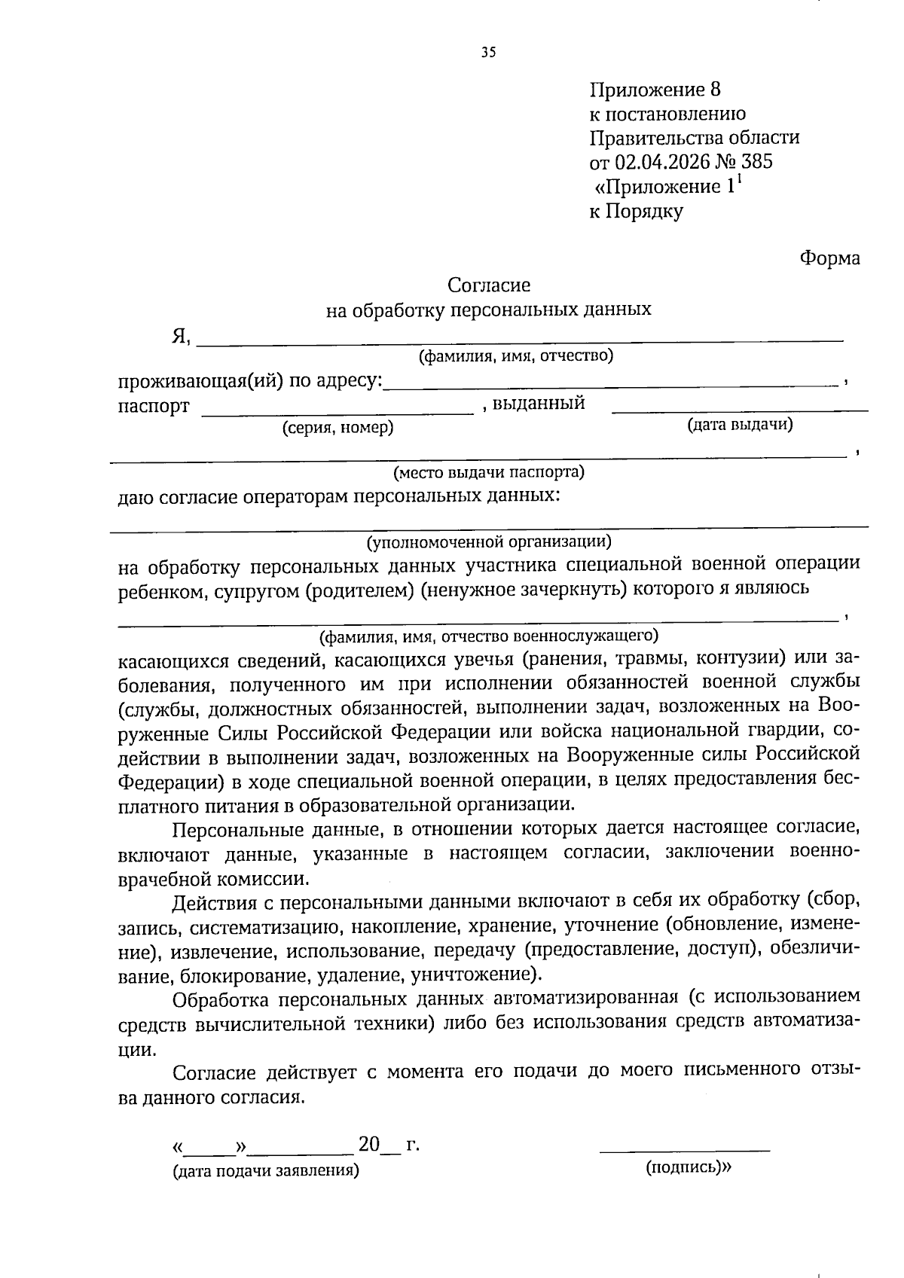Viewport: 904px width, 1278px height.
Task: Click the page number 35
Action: (488, 53)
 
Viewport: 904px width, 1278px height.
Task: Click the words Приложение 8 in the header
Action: (655, 90)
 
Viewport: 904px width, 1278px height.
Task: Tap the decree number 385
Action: (756, 162)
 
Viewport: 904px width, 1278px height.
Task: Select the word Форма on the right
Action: (829, 258)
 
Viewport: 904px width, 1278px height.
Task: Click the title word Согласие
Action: (489, 285)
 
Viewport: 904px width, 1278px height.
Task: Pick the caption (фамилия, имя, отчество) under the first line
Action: (516, 356)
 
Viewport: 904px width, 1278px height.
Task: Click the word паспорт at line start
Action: (154, 407)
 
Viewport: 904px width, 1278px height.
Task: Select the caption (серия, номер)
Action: (337, 429)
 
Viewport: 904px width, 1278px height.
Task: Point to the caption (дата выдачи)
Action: (740, 425)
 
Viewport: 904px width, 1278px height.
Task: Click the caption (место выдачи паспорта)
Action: (489, 473)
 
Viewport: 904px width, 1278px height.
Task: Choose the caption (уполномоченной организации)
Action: (489, 541)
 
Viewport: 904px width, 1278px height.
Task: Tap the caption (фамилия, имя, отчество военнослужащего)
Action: (489, 637)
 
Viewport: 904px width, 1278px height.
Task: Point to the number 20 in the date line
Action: (369, 1145)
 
